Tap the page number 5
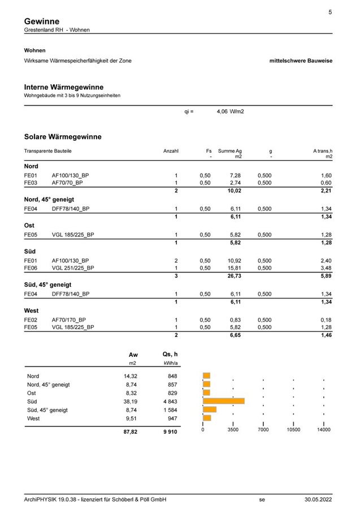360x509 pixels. pos(330,12)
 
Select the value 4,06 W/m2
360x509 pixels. pos(231,112)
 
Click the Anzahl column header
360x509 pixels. pos(171,151)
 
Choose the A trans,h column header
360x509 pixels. pos(323,151)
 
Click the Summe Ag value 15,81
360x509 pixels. pos(235,268)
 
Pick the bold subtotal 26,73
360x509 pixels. pos(234,275)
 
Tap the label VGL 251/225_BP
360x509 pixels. pos(73,268)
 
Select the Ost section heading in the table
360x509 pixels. pos(29,225)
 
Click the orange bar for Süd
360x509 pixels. pos(224,401)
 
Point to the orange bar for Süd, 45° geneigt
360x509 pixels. pos(210,409)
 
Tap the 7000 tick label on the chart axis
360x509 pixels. pos(263,430)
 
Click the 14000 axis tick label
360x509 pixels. pos(323,430)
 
